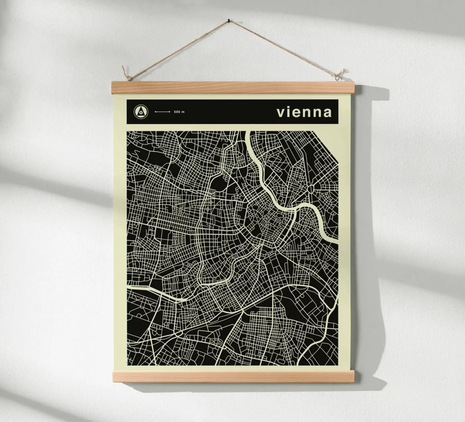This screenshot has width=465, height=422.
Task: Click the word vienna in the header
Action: click(x=304, y=112)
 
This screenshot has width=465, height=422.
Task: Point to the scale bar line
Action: click(x=163, y=112)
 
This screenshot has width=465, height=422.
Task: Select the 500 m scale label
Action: click(x=179, y=112)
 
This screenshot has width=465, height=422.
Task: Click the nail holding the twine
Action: click(x=228, y=21)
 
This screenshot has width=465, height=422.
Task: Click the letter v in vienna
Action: click(x=281, y=113)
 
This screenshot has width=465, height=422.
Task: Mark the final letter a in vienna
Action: click(x=327, y=113)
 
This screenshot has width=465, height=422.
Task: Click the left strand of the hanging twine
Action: click(x=176, y=50)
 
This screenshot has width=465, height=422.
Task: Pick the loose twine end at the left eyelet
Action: click(x=124, y=70)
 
